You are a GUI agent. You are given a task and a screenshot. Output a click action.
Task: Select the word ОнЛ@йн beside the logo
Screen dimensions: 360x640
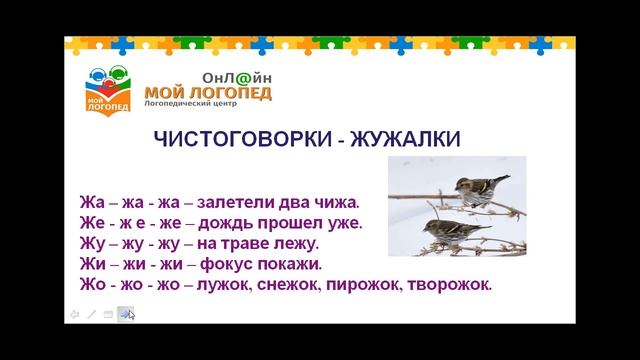[236, 77]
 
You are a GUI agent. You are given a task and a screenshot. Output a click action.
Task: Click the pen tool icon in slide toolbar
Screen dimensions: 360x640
[91, 314]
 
